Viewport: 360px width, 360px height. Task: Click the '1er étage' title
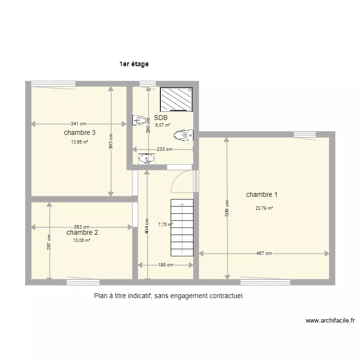[x=134, y=63]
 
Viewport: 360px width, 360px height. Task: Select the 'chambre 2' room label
[x=83, y=233]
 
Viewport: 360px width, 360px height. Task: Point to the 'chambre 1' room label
[x=262, y=195]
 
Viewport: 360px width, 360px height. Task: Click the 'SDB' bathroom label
[x=161, y=118]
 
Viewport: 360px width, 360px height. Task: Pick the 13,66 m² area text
[x=80, y=142]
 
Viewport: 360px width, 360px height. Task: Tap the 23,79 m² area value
[x=264, y=208]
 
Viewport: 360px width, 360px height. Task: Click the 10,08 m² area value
[x=82, y=240]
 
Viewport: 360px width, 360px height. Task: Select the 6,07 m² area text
[x=164, y=125]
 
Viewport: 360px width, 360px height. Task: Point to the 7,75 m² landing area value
[x=165, y=224]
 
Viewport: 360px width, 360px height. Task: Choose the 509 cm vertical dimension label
[x=227, y=207]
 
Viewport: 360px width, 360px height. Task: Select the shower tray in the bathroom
[x=176, y=99]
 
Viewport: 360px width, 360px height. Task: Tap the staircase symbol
[x=182, y=227]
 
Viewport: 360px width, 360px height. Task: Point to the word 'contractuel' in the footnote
[x=226, y=296]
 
